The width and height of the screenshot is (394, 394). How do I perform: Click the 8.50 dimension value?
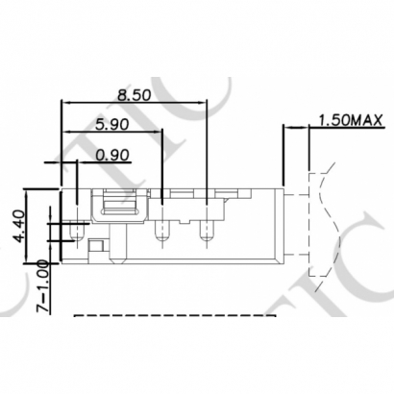coord(134,96)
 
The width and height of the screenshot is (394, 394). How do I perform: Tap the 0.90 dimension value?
coord(113,154)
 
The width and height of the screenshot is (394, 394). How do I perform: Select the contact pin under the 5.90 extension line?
coord(164,230)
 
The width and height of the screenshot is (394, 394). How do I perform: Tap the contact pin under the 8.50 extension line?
coord(206,230)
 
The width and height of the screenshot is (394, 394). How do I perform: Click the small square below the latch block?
coord(96,248)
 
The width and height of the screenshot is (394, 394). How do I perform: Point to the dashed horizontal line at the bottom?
coord(173,316)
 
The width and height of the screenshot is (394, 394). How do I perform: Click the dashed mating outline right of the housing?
coord(312,226)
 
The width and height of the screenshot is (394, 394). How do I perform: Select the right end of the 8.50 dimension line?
coord(207,100)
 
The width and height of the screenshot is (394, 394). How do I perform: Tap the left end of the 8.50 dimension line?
coord(62,100)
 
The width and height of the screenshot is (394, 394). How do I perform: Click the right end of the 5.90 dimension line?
coord(163,130)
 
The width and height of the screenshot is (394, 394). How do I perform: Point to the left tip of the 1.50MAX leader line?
coord(284,127)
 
